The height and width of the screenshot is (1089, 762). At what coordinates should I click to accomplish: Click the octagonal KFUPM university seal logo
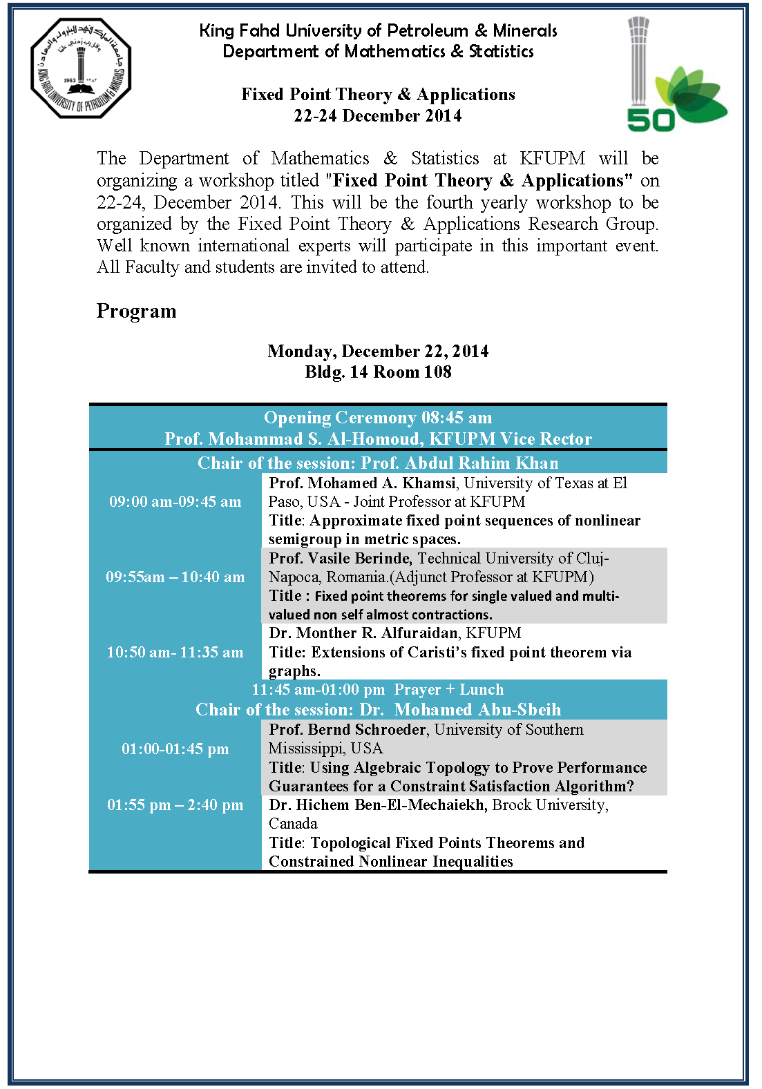tap(81, 68)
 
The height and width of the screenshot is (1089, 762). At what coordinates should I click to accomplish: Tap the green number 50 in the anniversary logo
tap(650, 119)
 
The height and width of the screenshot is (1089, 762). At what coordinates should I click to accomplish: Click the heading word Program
tap(136, 311)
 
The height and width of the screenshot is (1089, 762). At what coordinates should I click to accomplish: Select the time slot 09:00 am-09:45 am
tap(175, 502)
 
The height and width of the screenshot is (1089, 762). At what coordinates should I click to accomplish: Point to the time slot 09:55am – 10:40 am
tap(175, 577)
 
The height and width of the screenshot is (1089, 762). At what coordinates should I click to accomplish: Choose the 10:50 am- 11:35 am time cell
tap(175, 652)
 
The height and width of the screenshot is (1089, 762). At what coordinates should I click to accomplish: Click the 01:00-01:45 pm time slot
tap(175, 749)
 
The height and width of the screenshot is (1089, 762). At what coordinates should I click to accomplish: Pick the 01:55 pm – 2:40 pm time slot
tap(175, 805)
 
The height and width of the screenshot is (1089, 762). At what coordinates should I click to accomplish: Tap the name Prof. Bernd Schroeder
tap(347, 730)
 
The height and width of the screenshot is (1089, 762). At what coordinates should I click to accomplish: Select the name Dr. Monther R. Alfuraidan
tap(363, 633)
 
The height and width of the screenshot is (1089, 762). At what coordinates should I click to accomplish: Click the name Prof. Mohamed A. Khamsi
tap(362, 483)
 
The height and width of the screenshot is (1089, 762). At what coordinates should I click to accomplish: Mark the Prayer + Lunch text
tap(448, 690)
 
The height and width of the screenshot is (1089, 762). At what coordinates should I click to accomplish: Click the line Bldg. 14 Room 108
tap(378, 372)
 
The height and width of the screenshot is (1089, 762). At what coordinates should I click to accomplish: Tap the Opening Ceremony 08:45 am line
tap(378, 418)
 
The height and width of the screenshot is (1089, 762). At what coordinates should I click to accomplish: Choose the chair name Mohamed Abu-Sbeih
tap(477, 710)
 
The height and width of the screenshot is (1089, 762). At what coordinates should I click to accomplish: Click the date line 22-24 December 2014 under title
tap(378, 116)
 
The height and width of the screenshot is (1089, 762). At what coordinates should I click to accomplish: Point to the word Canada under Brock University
tap(293, 824)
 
